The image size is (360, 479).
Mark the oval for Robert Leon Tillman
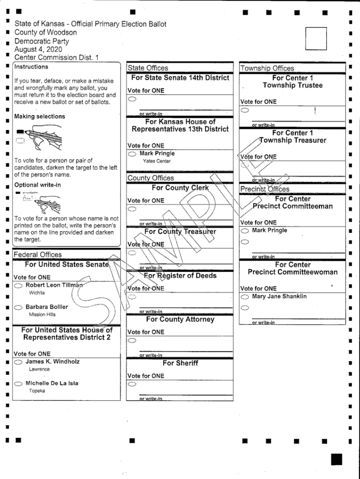pyautogui.click(x=18, y=285)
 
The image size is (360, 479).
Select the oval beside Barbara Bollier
pyautogui.click(x=18, y=307)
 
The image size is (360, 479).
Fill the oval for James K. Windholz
pyautogui.click(x=18, y=362)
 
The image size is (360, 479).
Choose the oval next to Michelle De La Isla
pyautogui.click(x=18, y=384)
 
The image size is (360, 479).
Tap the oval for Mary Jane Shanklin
pyautogui.click(x=245, y=297)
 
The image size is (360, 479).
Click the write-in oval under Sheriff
pyautogui.click(x=132, y=384)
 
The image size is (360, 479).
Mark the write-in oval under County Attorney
pyautogui.click(x=132, y=341)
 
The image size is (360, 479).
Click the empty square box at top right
pyautogui.click(x=316, y=38)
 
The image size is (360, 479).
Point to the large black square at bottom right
pyautogui.click(x=336, y=459)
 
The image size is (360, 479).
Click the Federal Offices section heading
pyautogui.click(x=37, y=254)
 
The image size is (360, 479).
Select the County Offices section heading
pyautogui.click(x=151, y=178)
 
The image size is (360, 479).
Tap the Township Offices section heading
pyautogui.click(x=267, y=68)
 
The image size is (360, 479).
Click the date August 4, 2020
pyautogui.click(x=38, y=49)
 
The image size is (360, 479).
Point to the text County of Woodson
pyautogui.click(x=45, y=32)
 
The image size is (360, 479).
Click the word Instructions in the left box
pyautogui.click(x=31, y=67)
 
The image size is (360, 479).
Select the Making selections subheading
pyautogui.click(x=40, y=116)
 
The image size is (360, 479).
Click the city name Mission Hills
pyautogui.click(x=42, y=315)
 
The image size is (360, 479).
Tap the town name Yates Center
pyautogui.click(x=157, y=161)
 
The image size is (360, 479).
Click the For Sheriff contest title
pyautogui.click(x=180, y=363)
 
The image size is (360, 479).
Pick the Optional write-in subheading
pyautogui.click(x=37, y=185)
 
